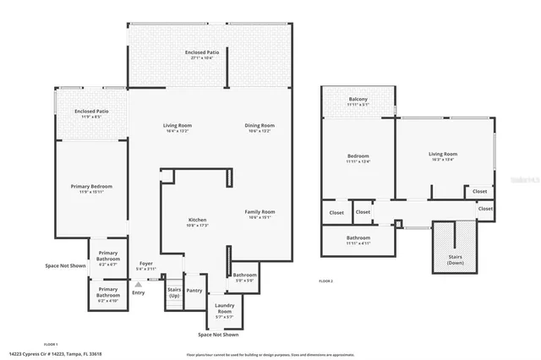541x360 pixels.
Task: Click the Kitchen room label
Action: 198,220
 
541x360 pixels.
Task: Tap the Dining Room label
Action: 259,126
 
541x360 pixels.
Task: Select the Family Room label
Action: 260,211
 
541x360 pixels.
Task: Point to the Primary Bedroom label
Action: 90,186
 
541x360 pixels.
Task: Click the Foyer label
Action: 146,263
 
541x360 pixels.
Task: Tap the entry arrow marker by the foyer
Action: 137,285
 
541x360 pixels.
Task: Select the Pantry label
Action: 194,290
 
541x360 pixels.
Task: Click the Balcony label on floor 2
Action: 358,99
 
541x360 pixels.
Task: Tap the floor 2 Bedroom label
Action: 358,157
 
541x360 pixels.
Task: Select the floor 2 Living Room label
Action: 444,154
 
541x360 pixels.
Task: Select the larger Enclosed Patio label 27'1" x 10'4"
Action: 202,53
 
